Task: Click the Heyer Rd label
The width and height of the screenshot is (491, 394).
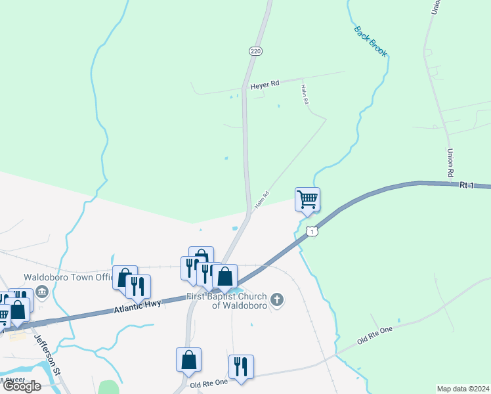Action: coord(265,84)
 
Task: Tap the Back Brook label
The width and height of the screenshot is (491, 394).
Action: coord(370,41)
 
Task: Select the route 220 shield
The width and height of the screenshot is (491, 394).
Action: coord(255,51)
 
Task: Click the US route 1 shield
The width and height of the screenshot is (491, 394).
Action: coord(313,231)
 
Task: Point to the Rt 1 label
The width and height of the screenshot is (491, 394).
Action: coord(466,186)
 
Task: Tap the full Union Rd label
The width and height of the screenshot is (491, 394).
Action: coord(451,164)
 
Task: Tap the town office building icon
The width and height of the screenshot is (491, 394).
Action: coord(43,291)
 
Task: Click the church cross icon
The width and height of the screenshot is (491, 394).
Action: coord(277,301)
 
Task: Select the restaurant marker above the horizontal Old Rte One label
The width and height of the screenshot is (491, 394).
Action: coord(241,367)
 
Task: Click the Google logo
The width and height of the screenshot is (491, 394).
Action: coord(22,386)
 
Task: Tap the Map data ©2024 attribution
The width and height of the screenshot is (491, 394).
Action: coord(462,389)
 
